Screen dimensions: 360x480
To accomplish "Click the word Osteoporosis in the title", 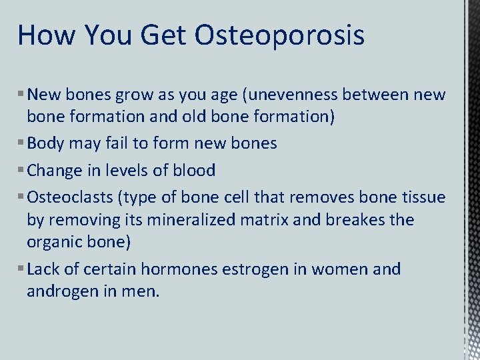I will click(279, 35).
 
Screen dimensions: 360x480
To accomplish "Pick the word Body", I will click(46, 143).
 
